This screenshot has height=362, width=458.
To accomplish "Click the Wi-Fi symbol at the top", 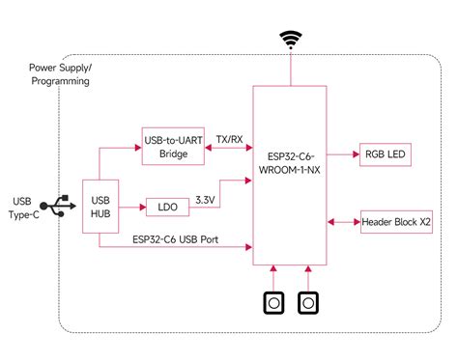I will [290, 40].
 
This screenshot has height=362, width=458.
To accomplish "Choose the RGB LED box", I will [385, 153].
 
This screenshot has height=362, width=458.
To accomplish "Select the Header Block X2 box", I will [394, 222].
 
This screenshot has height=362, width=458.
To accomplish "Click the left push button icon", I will [274, 303].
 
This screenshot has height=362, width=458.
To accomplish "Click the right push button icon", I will [307, 303].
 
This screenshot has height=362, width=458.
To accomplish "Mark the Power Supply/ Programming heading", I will [59, 75].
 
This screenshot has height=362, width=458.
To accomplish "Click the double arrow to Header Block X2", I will [344, 222].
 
